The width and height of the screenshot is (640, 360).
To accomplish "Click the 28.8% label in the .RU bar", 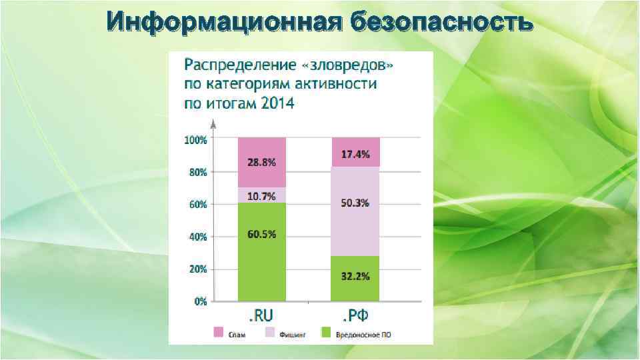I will tap(261, 163).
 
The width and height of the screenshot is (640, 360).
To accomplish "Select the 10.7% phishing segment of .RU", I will tap(261, 195).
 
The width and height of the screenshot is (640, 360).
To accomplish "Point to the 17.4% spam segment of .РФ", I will tap(355, 154).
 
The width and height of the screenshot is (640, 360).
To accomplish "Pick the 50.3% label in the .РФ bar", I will tap(355, 203).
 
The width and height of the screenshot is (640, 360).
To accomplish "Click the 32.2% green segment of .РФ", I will tap(355, 277).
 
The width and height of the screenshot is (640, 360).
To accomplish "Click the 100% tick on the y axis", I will tap(195, 140).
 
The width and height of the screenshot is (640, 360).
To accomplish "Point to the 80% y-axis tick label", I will tap(197, 172).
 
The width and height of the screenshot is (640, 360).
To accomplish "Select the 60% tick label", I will tap(197, 205).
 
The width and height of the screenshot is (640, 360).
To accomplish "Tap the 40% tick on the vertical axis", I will tap(197, 237).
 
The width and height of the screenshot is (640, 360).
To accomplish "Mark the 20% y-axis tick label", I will tap(197, 269).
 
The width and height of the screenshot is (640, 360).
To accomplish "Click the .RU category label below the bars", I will tap(261, 315).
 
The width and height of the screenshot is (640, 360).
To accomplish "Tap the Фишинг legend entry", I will tap(287, 334).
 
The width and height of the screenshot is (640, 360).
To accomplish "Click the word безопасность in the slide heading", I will tap(440, 23).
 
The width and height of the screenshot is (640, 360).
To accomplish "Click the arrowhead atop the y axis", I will tap(213, 123).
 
